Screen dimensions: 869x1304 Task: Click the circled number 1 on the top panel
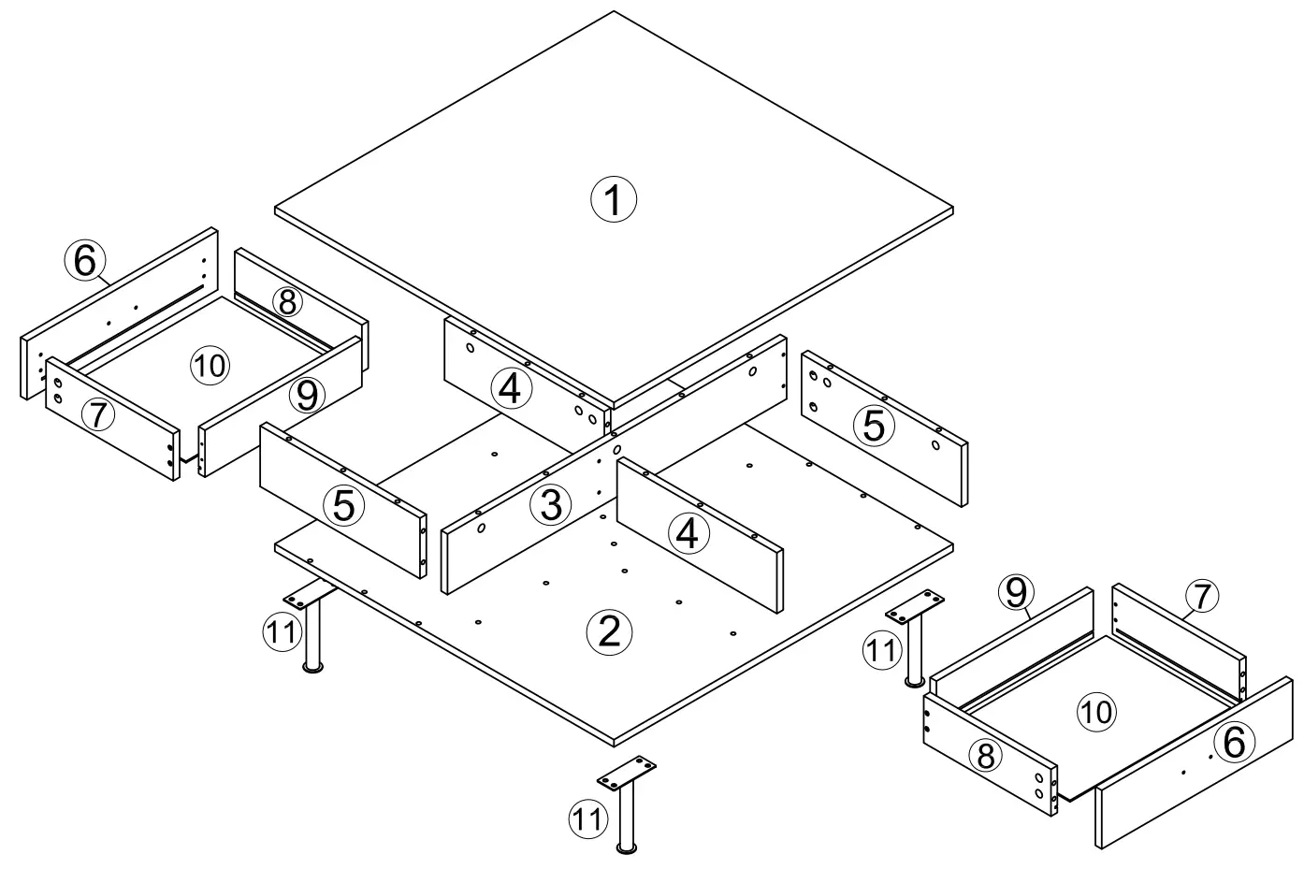pyautogui.click(x=613, y=200)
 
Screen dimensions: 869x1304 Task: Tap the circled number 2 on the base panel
pyautogui.click(x=608, y=633)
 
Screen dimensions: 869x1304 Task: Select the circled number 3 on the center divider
pyautogui.click(x=550, y=505)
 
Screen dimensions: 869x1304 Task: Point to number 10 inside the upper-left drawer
pyautogui.click(x=210, y=366)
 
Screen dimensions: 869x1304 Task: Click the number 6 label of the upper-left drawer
pyautogui.click(x=85, y=262)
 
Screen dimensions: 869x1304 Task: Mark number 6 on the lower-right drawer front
pyautogui.click(x=1233, y=744)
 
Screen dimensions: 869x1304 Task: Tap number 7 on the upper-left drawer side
pyautogui.click(x=98, y=414)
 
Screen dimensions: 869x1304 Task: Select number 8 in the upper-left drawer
pyautogui.click(x=287, y=301)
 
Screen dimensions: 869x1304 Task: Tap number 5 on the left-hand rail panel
pyautogui.click(x=343, y=506)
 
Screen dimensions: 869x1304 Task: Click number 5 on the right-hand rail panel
pyautogui.click(x=872, y=426)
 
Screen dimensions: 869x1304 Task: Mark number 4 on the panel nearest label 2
pyautogui.click(x=687, y=534)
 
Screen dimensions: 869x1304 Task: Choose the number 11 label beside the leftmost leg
pyautogui.click(x=280, y=632)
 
